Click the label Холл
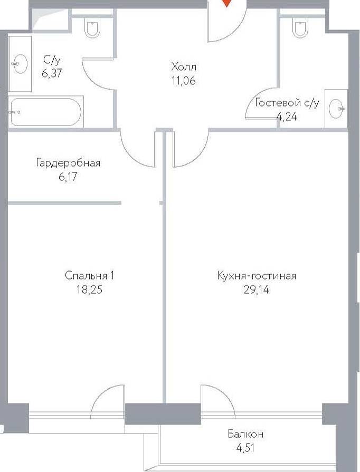184,66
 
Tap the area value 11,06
184,81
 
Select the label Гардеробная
68,163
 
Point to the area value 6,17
68,177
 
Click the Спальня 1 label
90,276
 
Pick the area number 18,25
90,290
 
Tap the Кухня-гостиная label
257,276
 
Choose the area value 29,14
257,290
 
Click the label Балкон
245,434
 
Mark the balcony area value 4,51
245,448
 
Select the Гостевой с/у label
287,103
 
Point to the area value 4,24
287,116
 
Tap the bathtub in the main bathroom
46,112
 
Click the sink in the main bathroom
20,64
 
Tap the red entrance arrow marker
227,3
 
